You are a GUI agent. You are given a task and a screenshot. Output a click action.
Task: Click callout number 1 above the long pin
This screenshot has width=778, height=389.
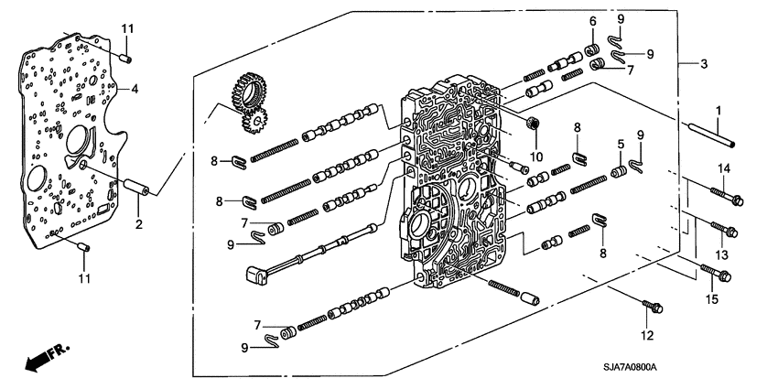[x=719, y=111]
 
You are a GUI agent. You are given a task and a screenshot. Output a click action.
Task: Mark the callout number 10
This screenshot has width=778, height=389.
[x=535, y=145]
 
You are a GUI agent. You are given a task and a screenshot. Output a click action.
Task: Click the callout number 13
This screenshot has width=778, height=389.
[x=723, y=254]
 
